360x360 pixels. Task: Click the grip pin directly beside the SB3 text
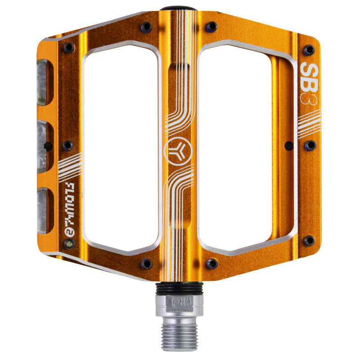309,49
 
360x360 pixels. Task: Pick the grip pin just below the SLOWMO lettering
69,243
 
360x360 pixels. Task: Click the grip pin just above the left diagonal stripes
67,145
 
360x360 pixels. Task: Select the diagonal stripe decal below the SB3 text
310,122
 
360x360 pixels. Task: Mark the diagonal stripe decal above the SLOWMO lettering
70,167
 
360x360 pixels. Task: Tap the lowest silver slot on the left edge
42,211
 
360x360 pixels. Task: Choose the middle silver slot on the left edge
42,146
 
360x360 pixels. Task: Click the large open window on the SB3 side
235,148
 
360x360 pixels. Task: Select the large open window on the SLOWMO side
121,148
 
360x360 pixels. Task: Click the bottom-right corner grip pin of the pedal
309,240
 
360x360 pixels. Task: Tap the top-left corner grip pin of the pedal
69,47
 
